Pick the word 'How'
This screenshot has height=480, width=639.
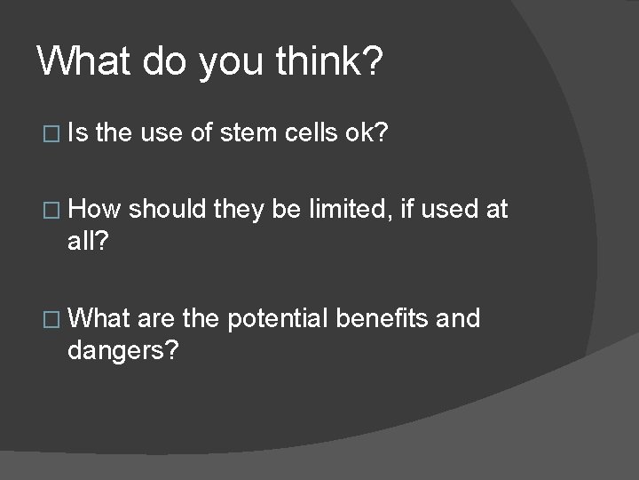click(x=95, y=210)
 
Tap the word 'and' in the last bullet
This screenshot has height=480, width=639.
click(x=458, y=318)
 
